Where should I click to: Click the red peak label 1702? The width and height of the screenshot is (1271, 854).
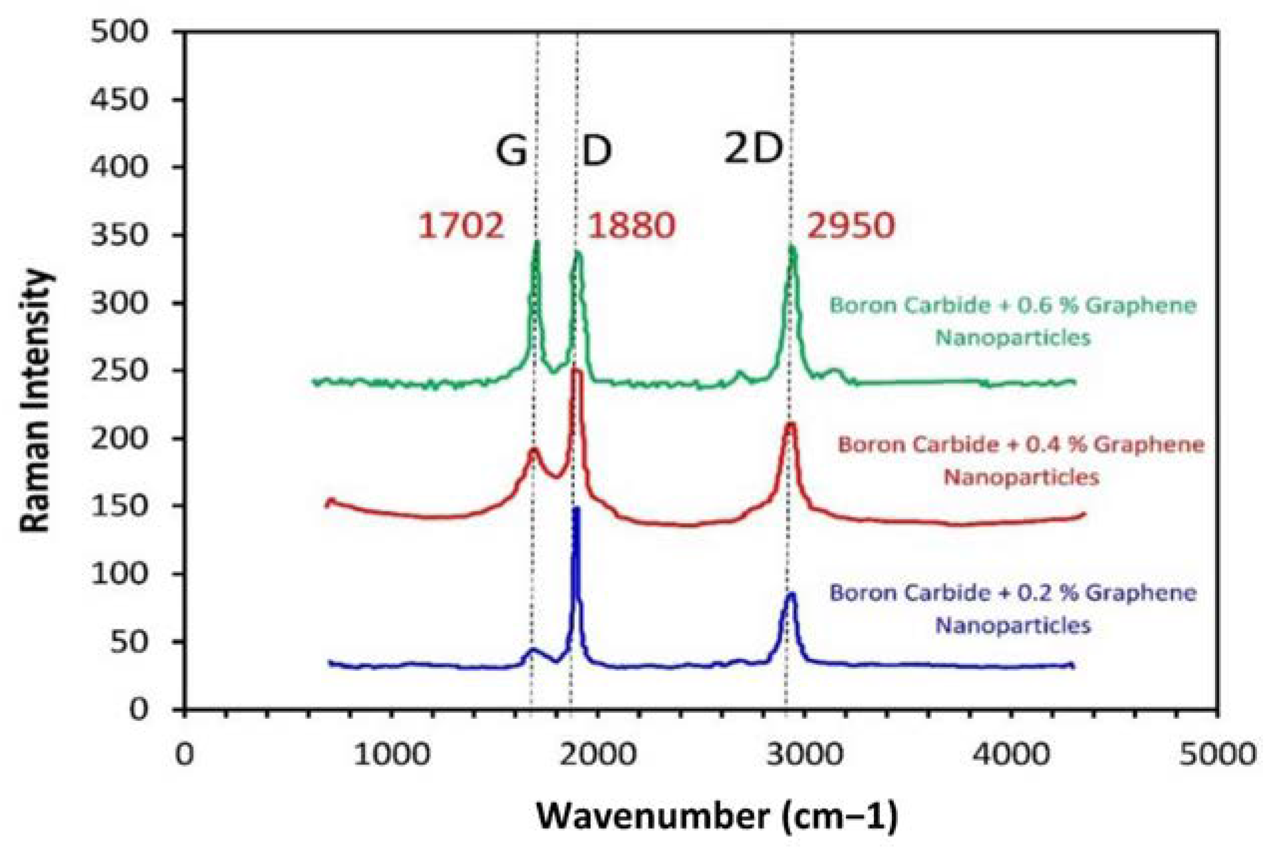pos(461,225)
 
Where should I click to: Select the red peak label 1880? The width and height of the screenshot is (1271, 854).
pos(631,225)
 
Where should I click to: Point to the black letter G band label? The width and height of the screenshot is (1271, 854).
pos(511,151)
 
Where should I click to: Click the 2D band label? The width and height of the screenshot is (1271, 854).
pos(753,149)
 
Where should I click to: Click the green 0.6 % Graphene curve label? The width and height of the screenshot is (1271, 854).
pos(1013,321)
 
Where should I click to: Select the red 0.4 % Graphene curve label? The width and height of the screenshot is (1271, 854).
pos(1020,461)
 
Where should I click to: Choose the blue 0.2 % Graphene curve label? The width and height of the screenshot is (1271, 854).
pos(1013,609)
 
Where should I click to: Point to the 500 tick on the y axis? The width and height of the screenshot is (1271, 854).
pos(119,31)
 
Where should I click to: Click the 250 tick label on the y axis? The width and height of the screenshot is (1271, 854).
pos(119,371)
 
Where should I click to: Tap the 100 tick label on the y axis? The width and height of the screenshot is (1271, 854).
pos(119,574)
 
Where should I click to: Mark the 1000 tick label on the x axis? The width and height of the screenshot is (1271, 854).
pos(392,755)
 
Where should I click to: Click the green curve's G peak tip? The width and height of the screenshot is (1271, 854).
pos(537,243)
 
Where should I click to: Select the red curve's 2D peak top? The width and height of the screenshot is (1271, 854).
pos(790,424)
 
